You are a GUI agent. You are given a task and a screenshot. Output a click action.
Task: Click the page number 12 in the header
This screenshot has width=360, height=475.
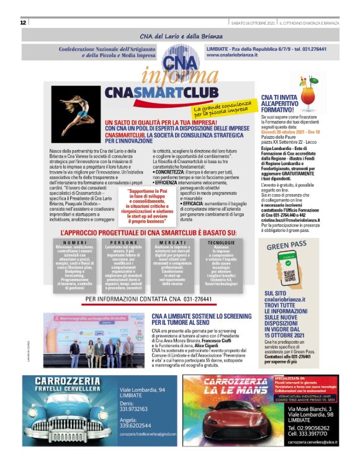22,22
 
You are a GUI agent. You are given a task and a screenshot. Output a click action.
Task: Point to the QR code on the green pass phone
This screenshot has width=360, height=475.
290,271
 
